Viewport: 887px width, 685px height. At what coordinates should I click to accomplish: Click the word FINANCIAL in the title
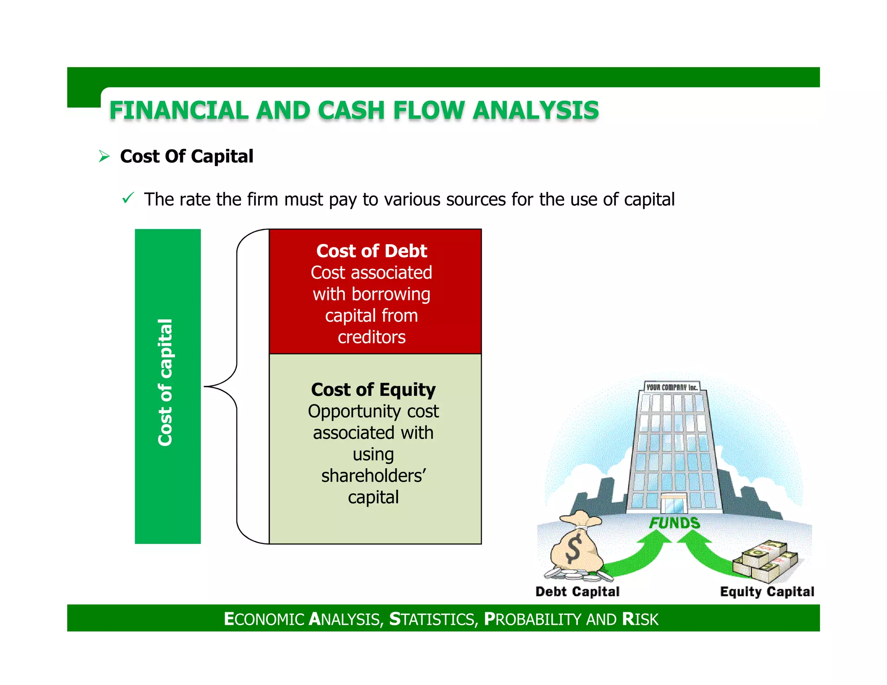coord(178,110)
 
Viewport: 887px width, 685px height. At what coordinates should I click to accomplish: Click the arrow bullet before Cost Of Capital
coord(104,156)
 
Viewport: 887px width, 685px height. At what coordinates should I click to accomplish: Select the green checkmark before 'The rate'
coord(128,198)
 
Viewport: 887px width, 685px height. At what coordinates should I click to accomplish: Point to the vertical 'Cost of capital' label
coord(166,382)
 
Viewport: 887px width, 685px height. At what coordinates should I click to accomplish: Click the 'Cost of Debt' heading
coord(372,251)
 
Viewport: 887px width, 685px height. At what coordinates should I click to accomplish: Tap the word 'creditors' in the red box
coord(372,337)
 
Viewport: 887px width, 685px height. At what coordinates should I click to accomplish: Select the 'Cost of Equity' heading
coord(373,390)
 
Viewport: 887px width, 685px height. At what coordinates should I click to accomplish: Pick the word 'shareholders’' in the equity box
coord(373,476)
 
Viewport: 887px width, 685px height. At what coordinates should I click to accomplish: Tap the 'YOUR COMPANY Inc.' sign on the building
coord(671,387)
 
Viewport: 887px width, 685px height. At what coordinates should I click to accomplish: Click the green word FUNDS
coord(674,523)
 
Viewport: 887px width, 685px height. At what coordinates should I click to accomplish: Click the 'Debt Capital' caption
coord(577,591)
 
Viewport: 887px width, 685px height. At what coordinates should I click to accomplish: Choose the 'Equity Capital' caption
coord(767,591)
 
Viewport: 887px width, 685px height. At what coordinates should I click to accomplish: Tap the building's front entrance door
coord(673,504)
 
